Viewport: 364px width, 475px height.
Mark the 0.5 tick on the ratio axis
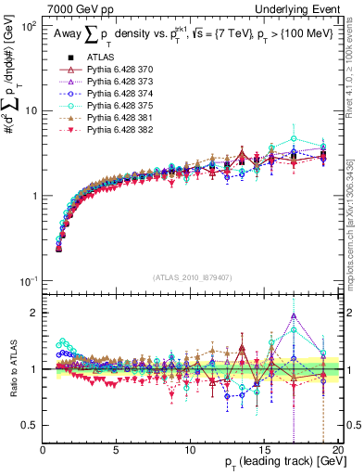[31, 425]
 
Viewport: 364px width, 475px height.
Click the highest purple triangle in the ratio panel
[294, 316]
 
